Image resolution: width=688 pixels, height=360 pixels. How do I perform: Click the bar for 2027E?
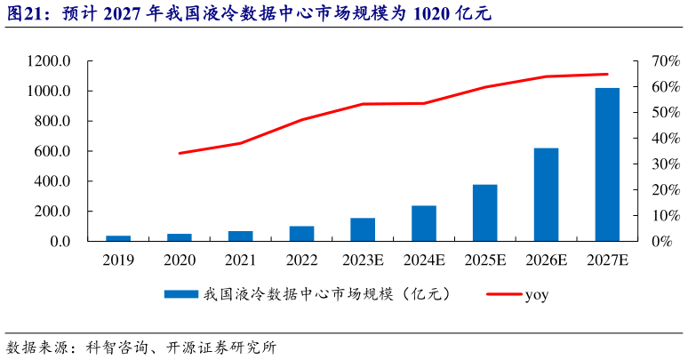(607, 164)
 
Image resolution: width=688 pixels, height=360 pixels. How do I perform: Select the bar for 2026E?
(546, 195)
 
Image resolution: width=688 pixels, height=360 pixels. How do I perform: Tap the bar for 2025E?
(484, 212)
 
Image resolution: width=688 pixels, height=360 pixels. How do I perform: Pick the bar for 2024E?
(424, 223)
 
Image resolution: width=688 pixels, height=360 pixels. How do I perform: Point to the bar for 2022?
(301, 234)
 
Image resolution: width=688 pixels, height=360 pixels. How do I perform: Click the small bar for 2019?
(118, 238)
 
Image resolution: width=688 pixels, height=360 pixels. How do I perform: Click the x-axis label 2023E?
(363, 260)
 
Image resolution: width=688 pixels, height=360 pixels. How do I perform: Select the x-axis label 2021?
(240, 260)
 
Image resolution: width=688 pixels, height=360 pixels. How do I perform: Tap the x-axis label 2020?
(180, 260)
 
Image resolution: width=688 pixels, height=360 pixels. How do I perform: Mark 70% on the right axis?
(658, 61)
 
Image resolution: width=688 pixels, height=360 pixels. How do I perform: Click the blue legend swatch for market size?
(182, 294)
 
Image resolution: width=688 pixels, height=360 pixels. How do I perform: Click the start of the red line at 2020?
(180, 153)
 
